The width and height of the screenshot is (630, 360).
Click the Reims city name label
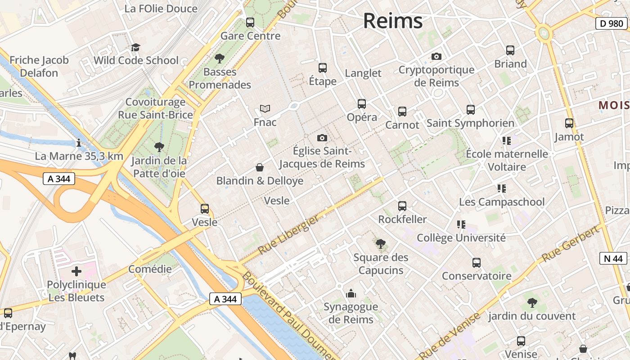393,21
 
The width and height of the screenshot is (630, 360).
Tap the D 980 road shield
612,23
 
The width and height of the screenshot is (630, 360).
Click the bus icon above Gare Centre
250,22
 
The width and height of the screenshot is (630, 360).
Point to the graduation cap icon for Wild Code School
135,47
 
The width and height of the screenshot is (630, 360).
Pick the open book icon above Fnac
265,109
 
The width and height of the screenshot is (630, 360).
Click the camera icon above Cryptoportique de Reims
436,57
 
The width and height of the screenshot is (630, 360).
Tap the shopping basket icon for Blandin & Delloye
260,168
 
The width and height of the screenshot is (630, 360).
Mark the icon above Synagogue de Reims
351,294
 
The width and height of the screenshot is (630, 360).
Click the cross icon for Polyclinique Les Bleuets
76,271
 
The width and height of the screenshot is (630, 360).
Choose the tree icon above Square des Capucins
381,244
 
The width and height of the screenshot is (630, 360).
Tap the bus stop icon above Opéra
362,104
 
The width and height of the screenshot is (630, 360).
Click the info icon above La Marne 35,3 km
79,143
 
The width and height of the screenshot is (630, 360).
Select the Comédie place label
150,269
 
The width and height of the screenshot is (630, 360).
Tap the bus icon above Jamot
569,123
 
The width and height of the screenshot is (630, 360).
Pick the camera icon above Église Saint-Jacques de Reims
322,138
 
